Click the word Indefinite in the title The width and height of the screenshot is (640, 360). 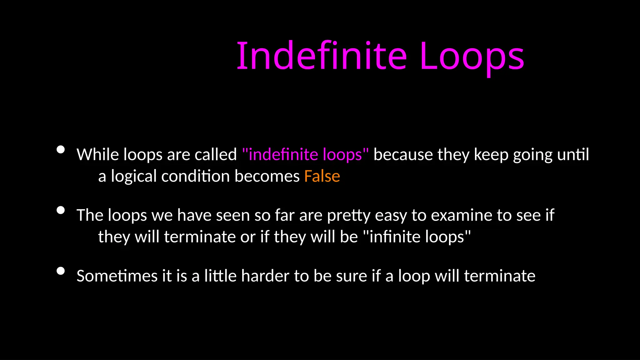[322, 56]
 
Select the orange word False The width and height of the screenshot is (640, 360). [322, 176]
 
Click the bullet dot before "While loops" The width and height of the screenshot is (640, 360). [61, 150]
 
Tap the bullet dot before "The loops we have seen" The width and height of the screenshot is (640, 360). [61, 210]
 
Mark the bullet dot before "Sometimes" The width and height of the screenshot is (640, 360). [61, 271]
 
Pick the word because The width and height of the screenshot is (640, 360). [403, 154]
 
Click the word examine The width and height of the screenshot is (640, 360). [461, 215]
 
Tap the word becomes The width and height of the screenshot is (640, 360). [267, 176]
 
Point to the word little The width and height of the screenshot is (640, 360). [220, 276]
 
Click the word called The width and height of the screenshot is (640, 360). [216, 154]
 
